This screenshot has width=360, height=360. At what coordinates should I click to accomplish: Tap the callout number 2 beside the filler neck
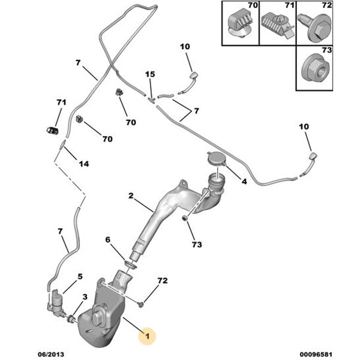point(131,196)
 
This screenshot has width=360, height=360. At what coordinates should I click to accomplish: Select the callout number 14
point(83,164)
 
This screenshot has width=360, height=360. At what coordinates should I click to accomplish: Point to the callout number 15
point(149,74)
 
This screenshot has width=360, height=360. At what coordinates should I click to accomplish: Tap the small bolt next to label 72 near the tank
point(140,304)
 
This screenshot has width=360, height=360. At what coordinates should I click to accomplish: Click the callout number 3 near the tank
point(85,297)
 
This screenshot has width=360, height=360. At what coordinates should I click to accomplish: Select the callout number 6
point(108,240)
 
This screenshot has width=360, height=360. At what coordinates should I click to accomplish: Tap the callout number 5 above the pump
point(79,277)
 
